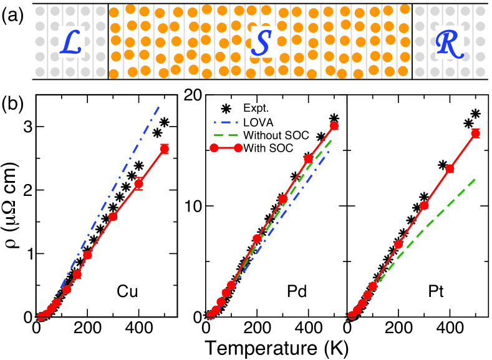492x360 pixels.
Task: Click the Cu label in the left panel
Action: pyautogui.click(x=127, y=292)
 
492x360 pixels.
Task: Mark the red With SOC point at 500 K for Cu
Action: pyautogui.click(x=164, y=148)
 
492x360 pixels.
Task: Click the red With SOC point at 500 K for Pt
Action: pyautogui.click(x=475, y=133)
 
